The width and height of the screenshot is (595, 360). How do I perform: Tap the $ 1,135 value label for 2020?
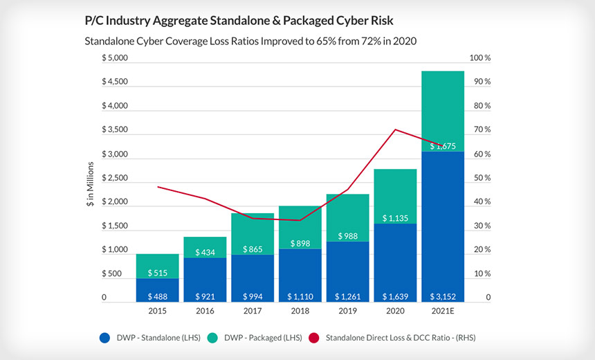click(x=395, y=218)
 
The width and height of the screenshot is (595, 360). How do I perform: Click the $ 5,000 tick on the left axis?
click(x=114, y=58)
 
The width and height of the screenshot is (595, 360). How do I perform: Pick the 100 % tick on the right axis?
click(x=479, y=58)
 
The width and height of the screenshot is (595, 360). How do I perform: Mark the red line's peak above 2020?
click(x=395, y=129)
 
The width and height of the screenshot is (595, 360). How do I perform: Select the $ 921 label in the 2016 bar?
click(x=205, y=296)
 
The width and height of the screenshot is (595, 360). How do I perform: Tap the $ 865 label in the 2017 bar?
click(x=252, y=249)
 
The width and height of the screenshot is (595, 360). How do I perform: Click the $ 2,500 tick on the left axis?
click(x=114, y=178)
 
